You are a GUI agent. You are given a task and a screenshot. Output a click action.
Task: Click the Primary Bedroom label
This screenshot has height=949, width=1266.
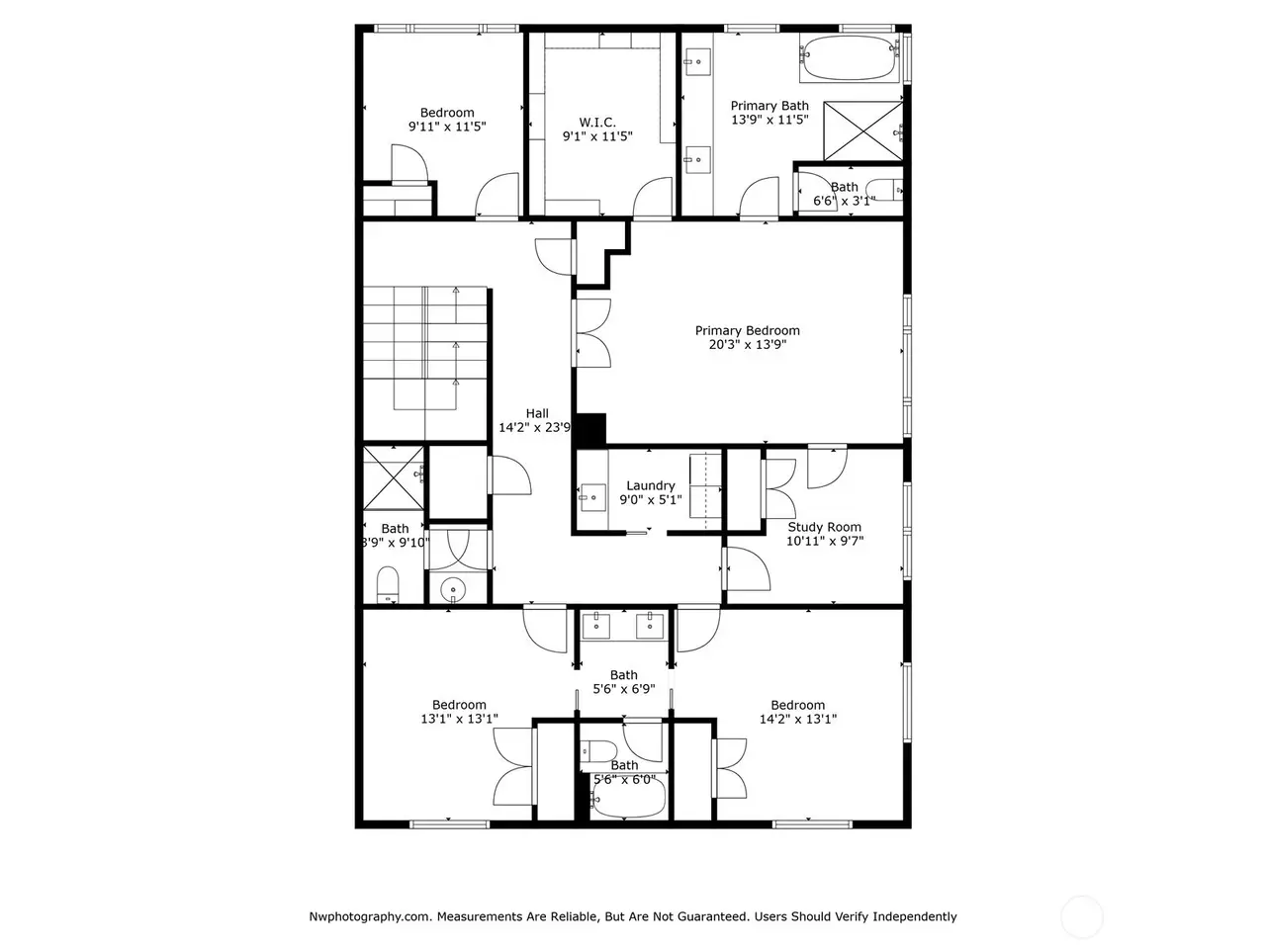click(x=747, y=330)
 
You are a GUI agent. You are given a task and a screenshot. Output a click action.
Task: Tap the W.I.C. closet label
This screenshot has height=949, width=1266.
click(x=597, y=123)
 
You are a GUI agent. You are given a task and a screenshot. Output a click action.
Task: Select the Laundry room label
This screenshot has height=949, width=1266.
click(x=650, y=485)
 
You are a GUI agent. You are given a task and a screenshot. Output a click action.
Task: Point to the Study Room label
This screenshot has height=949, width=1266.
click(x=824, y=527)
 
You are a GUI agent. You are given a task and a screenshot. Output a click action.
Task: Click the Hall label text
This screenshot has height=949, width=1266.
click(x=537, y=413)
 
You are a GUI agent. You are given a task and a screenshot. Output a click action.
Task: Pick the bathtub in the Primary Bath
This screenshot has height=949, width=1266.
click(x=849, y=57)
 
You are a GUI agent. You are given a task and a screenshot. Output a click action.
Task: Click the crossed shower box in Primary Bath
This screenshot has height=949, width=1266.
click(x=862, y=130)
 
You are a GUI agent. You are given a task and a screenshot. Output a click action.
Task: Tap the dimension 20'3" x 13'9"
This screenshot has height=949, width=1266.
click(x=747, y=345)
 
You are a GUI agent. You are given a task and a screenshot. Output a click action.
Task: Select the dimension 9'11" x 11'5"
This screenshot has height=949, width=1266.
click(x=447, y=127)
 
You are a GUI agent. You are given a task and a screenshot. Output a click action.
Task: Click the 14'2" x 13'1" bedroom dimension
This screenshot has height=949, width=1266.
click(x=797, y=719)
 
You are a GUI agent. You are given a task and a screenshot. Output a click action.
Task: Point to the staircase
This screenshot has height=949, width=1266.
click(x=425, y=363)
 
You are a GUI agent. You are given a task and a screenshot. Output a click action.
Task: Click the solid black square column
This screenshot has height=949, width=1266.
click(x=591, y=430)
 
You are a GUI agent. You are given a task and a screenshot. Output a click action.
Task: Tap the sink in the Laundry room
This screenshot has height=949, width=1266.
click(x=592, y=497)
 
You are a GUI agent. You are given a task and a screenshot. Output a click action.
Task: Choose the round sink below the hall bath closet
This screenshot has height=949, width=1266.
click(x=453, y=589)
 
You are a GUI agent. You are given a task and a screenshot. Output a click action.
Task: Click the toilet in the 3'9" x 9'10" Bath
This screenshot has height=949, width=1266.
click(x=388, y=584)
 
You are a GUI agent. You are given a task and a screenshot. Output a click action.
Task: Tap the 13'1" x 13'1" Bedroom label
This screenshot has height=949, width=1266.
click(x=459, y=705)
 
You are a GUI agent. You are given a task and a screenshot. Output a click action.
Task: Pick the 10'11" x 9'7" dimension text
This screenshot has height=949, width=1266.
click(x=825, y=541)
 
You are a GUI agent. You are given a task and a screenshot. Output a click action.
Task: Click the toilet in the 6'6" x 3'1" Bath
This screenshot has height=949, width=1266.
click(x=883, y=189)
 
